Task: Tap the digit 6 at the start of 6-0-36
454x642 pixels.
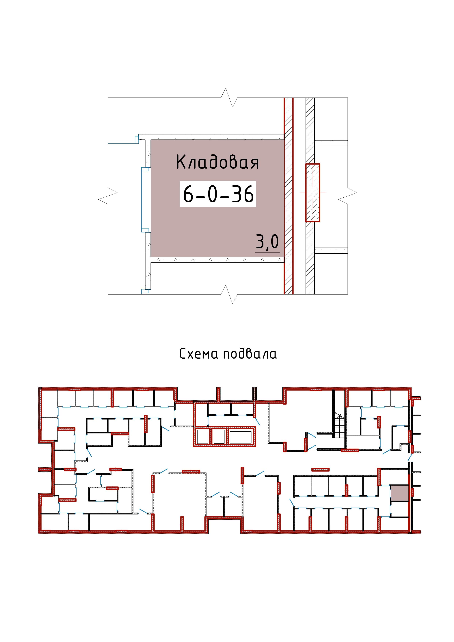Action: click(x=188, y=194)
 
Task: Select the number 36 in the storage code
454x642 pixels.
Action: click(x=243, y=194)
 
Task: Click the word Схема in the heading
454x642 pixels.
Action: click(x=198, y=354)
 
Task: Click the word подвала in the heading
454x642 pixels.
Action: click(x=250, y=354)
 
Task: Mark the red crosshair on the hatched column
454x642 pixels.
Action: click(x=313, y=193)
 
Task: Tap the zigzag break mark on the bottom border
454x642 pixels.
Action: click(x=229, y=294)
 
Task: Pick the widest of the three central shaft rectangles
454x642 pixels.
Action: click(x=240, y=437)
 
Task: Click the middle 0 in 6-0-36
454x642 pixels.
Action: click(x=213, y=194)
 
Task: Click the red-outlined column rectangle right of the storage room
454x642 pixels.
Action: click(x=313, y=193)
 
